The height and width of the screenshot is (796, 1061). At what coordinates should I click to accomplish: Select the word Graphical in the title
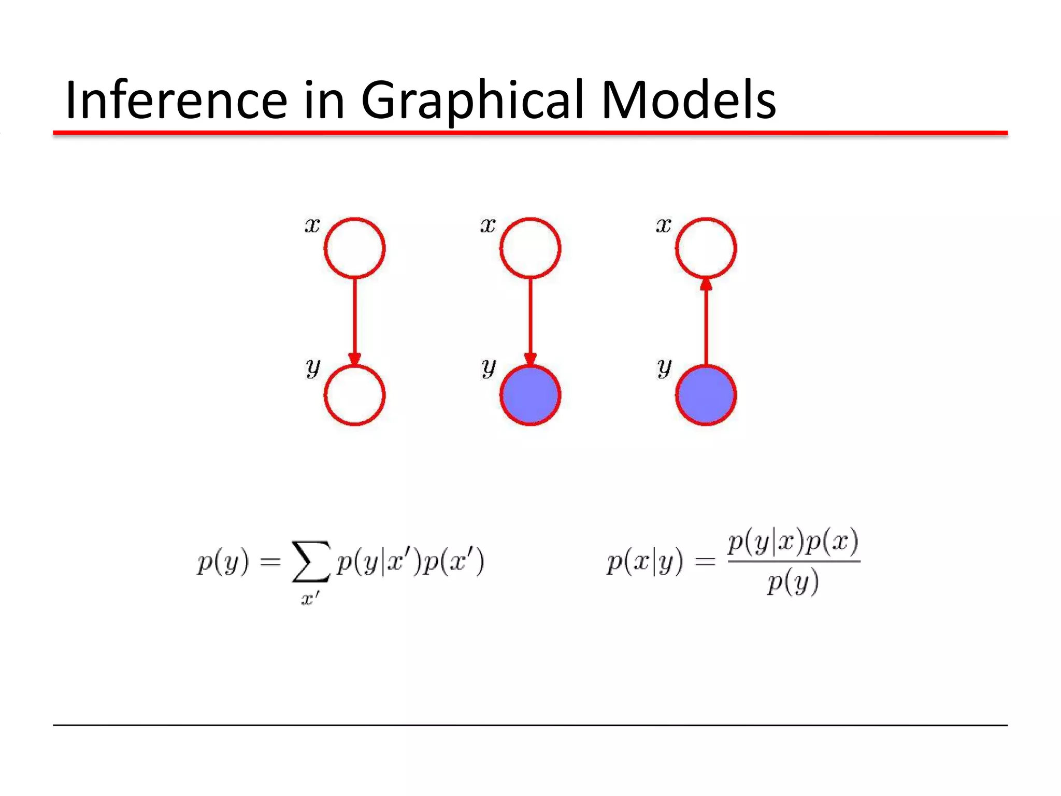pos(472,101)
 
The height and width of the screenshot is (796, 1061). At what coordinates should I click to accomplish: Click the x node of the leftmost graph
pos(354,248)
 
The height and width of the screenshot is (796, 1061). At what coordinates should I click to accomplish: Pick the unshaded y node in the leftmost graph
pos(354,395)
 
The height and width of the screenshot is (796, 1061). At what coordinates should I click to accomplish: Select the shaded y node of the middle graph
pos(530,395)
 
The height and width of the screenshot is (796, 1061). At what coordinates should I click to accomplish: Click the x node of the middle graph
pos(530,248)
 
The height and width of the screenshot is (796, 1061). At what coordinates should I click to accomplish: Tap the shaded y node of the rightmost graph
pos(706,395)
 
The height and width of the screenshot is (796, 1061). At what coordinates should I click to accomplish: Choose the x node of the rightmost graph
pos(706,248)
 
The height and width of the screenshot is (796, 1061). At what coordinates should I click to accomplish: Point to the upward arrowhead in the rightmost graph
pos(706,285)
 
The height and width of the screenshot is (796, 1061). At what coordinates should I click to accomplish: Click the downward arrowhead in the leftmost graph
pos(354,359)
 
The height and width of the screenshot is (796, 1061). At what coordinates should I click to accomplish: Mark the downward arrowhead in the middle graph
pos(530,359)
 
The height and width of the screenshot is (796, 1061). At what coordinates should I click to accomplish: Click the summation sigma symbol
pos(311,562)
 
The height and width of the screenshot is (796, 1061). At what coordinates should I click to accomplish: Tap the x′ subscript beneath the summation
pos(310,599)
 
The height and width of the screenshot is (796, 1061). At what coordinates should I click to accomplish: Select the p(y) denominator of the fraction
pos(793,582)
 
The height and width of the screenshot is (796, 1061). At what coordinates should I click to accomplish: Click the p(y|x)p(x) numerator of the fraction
pos(793,542)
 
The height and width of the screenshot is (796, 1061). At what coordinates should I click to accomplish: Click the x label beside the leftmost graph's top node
pos(312,225)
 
